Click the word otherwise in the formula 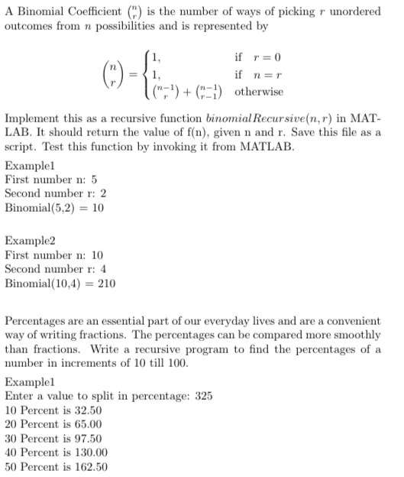(260, 92)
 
